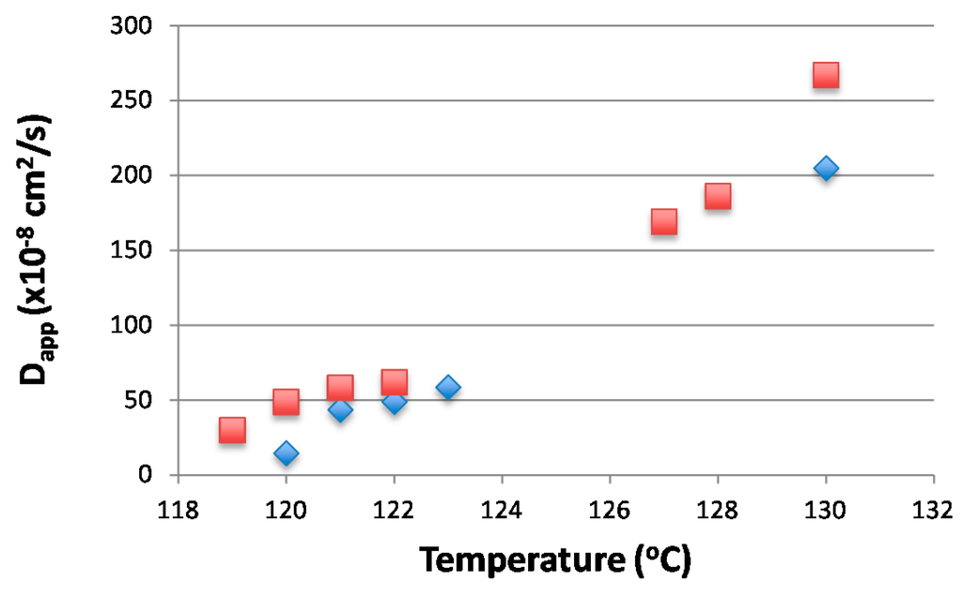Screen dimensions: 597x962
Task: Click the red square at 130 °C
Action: (x=826, y=75)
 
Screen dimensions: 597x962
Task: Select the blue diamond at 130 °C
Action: (x=826, y=168)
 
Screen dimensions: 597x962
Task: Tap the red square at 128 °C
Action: (x=718, y=196)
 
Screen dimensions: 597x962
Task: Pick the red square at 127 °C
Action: (x=664, y=222)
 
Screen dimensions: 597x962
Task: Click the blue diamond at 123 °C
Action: (x=448, y=387)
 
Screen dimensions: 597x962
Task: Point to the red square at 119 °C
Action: (x=232, y=430)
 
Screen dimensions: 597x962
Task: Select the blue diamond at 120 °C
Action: (x=286, y=453)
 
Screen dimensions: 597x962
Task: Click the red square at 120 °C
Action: (x=286, y=402)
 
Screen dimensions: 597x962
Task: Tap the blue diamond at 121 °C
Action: (x=340, y=409)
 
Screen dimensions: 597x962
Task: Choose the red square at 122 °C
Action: (x=395, y=381)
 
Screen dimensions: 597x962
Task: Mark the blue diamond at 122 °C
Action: (x=395, y=401)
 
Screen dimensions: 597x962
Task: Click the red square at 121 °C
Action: (x=340, y=387)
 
